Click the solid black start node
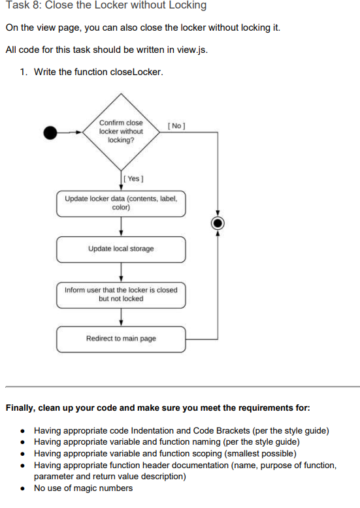click(x=50, y=133)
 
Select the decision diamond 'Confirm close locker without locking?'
click(x=121, y=132)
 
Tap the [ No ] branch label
click(x=176, y=126)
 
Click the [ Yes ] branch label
click(x=133, y=178)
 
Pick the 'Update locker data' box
click(x=121, y=204)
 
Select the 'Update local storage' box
click(x=121, y=249)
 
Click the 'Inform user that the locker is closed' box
click(x=121, y=295)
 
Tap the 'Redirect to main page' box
click(x=121, y=339)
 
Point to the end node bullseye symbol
click(x=218, y=223)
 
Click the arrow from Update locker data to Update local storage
click(x=121, y=227)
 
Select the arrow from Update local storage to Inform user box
click(x=121, y=272)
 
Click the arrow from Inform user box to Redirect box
click(x=121, y=317)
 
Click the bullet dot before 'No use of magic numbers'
click(x=22, y=488)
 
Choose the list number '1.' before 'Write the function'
click(x=24, y=72)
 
